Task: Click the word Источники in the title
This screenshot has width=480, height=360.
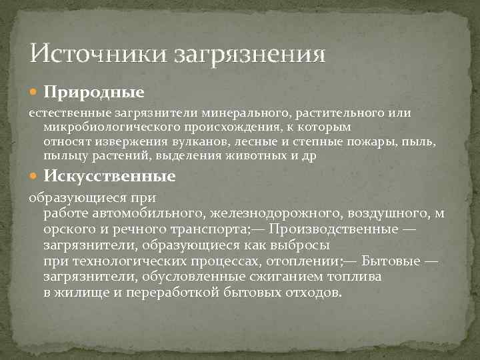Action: coord(98,53)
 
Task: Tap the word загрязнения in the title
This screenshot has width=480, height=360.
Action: coord(250,54)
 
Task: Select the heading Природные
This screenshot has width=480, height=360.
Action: coord(94,89)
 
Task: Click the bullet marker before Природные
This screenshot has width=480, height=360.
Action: coord(35,89)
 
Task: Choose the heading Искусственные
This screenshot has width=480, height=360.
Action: coord(110,177)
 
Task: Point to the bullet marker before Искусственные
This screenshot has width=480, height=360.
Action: coord(35,177)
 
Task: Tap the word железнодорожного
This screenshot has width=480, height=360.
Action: coord(268,214)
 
